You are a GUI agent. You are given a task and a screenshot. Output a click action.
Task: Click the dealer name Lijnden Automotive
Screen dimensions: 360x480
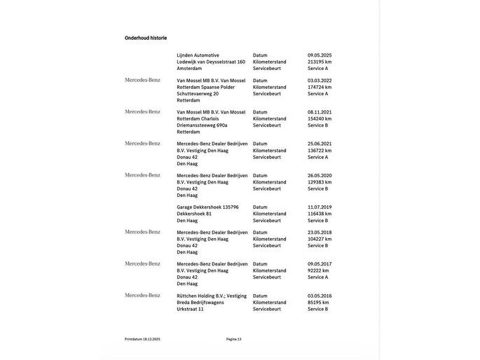[198, 55]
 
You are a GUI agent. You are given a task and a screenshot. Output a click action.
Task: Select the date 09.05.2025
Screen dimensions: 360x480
[319, 55]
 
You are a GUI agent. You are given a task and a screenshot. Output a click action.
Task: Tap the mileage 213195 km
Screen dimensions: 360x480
[320, 62]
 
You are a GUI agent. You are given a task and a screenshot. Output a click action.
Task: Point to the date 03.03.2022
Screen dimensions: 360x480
[319, 81]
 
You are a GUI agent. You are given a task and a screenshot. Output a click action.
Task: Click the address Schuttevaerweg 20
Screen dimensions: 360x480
[198, 93]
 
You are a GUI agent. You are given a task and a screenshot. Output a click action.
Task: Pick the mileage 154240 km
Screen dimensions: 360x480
[320, 118]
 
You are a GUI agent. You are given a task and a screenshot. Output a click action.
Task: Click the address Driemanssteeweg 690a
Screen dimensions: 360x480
[202, 125]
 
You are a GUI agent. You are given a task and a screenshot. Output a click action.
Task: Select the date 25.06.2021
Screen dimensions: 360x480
[319, 144]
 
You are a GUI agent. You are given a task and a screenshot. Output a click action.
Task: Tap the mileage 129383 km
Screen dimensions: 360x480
[320, 182]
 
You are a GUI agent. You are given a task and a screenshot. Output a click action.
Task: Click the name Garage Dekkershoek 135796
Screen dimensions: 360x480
[207, 207]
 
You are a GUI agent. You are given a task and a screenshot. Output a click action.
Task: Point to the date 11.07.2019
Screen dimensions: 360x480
[319, 207]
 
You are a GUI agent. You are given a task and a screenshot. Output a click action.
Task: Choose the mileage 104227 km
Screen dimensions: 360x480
[320, 239]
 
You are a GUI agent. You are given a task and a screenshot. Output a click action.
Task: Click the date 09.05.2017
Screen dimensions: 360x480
[319, 264]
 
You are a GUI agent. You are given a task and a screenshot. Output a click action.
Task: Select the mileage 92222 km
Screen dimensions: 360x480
[318, 270]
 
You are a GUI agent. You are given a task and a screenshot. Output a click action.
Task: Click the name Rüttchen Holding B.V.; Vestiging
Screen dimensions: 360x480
[212, 296]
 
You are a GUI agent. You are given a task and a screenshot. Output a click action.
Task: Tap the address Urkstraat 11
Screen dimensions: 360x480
[190, 309]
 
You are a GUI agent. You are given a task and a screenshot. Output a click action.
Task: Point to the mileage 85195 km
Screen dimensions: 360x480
[318, 302]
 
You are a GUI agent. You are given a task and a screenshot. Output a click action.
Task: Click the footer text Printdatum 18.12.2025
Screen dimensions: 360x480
[142, 339]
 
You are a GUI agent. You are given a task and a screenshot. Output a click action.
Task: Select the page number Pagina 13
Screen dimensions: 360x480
[233, 339]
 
